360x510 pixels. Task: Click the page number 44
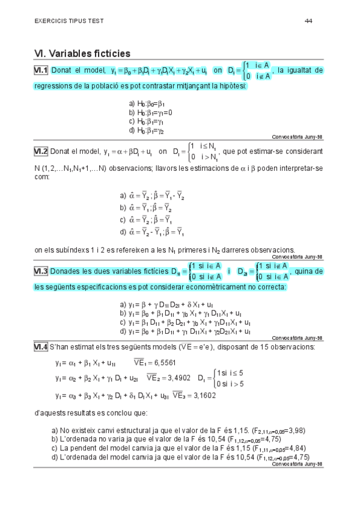[x=308, y=20]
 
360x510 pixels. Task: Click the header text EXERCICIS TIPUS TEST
[x=69, y=21]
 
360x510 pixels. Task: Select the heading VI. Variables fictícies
[x=82, y=54]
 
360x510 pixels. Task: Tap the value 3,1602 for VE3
[x=203, y=395]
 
